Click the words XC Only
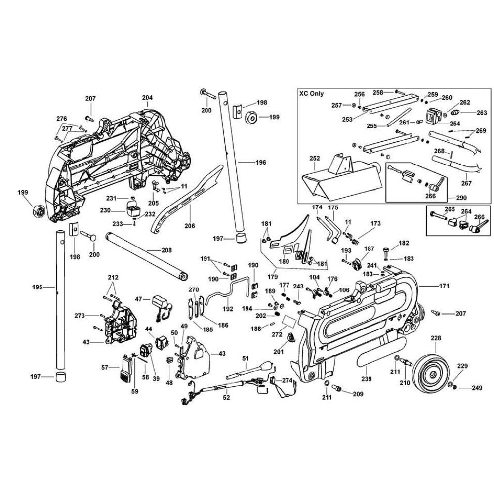point(311,93)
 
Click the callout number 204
point(147,97)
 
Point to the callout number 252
point(315,158)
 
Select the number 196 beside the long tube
point(260,162)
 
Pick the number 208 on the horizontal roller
point(166,250)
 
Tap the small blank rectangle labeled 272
point(288,323)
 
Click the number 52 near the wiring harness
point(227,397)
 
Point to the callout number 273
point(80,315)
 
